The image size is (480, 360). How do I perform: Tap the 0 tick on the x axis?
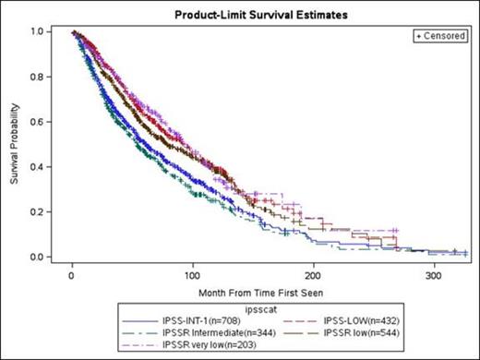tap(72, 274)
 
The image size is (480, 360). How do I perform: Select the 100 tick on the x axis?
tap(192, 274)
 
